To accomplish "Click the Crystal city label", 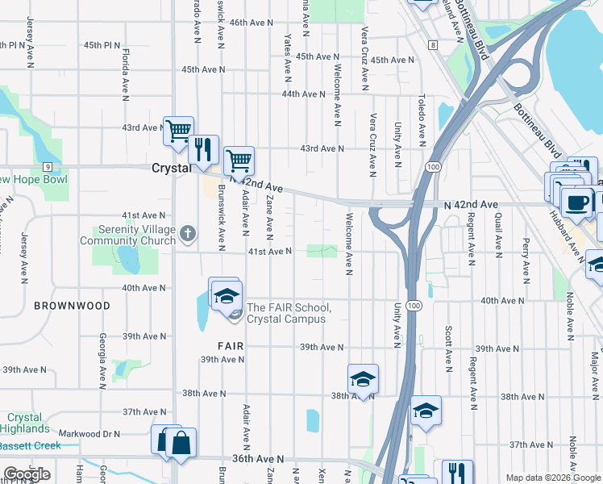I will [172, 168].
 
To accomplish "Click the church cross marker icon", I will [188, 235].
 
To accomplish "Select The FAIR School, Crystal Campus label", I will [288, 313].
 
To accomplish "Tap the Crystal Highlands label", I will [24, 423].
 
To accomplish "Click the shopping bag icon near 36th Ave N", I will [181, 442].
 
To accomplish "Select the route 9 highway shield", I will [48, 166].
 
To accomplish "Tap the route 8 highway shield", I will [433, 45].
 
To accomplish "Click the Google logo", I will [27, 474].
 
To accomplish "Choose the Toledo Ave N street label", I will [421, 121].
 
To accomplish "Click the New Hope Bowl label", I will [32, 179].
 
